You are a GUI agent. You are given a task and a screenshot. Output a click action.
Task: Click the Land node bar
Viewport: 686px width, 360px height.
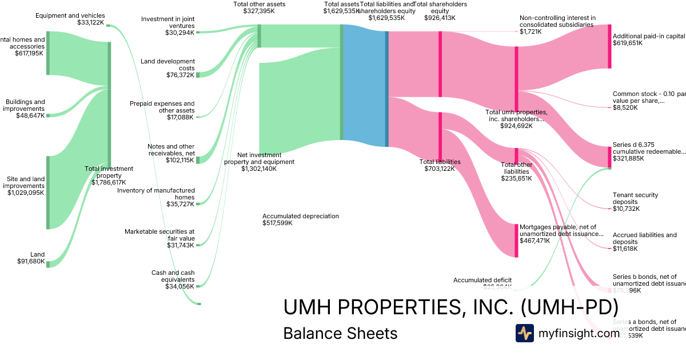coord(48,264)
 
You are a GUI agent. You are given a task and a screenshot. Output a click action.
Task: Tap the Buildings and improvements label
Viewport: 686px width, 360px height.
coord(25,105)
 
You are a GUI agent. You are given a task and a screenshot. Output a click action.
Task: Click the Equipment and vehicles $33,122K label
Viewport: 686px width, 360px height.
coord(70,19)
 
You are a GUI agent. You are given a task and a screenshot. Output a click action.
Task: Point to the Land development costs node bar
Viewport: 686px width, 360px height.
coord(198,75)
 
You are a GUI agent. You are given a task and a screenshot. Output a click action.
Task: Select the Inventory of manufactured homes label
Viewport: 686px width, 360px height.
coord(156,194)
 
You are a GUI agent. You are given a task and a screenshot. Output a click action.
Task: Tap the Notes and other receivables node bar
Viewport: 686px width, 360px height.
coord(198,160)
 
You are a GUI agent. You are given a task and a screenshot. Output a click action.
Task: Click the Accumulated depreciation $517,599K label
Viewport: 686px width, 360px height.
coord(301,219)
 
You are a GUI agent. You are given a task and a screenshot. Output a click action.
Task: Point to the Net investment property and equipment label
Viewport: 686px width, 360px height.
coord(259,162)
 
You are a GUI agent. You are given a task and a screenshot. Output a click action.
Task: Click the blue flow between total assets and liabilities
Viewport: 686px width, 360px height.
coord(364,86)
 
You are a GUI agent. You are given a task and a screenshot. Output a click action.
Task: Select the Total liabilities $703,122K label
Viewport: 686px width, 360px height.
coord(440,165)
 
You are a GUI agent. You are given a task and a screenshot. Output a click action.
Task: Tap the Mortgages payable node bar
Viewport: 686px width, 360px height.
coord(516,241)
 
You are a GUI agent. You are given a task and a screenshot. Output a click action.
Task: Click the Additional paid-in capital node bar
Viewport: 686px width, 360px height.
coord(609,46)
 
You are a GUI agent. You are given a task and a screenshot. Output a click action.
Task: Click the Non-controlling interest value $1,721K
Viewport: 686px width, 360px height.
coord(531,31)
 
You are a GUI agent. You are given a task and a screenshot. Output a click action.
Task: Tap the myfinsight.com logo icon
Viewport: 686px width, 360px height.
coord(524,333)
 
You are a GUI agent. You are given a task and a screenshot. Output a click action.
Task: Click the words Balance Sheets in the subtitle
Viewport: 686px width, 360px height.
coord(340,333)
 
